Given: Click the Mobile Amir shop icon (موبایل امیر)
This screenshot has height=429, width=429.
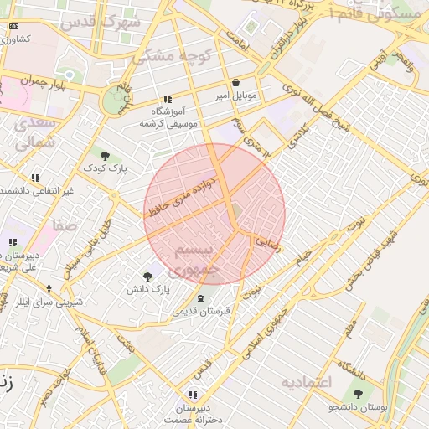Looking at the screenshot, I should pos(235,83).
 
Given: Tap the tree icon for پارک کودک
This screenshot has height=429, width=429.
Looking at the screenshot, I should pos(105,156).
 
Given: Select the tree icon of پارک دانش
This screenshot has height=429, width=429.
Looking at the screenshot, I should pos(148,276).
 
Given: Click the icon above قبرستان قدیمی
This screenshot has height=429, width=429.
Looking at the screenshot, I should pos(200,298).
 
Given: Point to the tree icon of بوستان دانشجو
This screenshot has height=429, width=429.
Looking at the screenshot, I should pos(359,394).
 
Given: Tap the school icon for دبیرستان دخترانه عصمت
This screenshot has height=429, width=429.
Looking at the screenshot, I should pos(194,394).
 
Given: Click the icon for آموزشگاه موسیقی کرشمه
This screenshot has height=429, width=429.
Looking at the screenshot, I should pos(168,99).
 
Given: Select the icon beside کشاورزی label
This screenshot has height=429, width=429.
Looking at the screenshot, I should pos(13,27).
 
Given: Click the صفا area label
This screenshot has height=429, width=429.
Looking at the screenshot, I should pos(65,225).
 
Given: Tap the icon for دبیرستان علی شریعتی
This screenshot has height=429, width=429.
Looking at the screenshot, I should pos(13,243).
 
